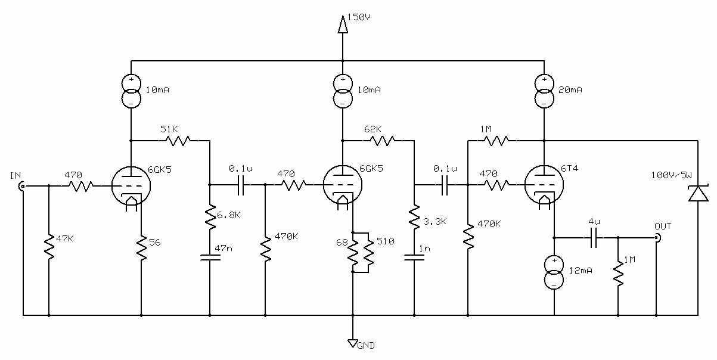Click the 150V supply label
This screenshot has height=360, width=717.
point(359,17)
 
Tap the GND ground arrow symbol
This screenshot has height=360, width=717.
point(353,343)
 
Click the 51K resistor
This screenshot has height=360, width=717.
point(178,141)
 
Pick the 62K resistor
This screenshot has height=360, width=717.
point(382,141)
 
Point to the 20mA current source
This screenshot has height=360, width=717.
point(544,91)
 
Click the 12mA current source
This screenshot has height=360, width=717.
point(554,272)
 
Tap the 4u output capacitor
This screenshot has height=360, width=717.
point(594,238)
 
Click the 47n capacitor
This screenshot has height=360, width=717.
point(210,257)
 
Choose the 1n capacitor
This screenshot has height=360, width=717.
point(414,257)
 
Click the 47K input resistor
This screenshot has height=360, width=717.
point(49,247)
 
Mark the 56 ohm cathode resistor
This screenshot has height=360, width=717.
point(141,248)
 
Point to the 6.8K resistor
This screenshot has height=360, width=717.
point(210,216)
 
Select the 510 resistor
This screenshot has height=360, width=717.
point(368,253)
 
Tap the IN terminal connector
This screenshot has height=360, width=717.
point(23,185)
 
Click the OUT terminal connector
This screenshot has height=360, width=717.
point(657,238)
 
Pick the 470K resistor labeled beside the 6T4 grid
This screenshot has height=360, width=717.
point(468,237)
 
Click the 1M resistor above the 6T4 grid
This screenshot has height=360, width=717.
point(496,141)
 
